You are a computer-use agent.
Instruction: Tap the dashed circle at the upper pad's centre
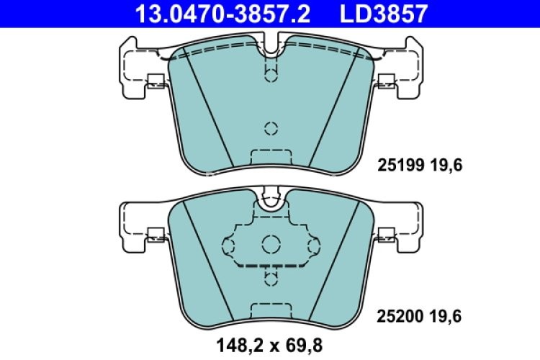point(271,129)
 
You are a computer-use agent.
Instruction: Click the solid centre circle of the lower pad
point(271,243)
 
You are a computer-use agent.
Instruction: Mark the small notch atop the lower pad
point(271,197)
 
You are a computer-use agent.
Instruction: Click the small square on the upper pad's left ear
point(155,81)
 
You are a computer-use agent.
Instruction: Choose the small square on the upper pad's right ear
point(386,81)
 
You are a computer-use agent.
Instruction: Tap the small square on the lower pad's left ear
point(155,233)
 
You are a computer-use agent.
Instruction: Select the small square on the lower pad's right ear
point(386,233)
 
